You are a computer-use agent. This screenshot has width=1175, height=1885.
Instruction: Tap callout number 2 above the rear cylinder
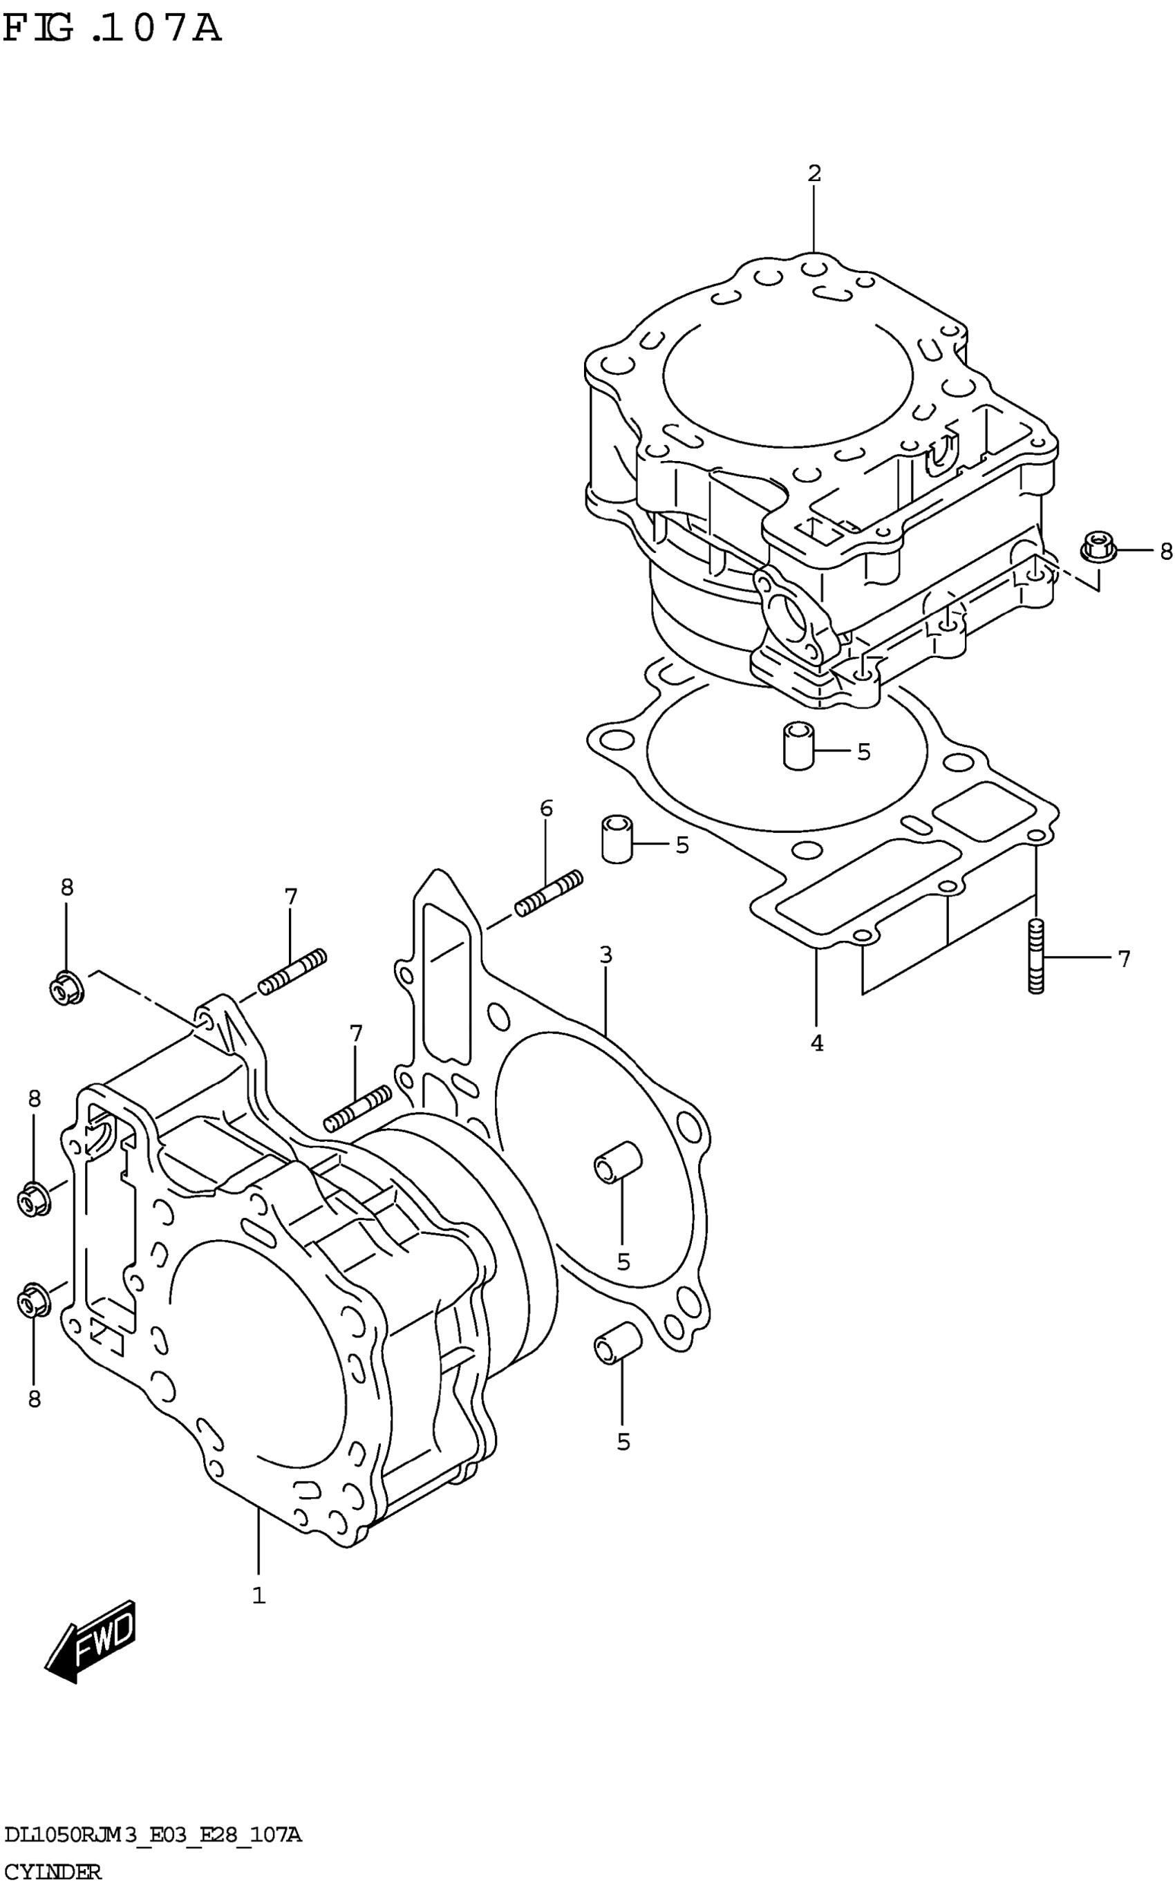[x=814, y=174]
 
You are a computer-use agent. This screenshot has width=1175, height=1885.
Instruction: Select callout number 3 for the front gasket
[x=605, y=954]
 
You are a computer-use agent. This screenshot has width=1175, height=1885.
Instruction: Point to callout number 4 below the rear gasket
[x=816, y=1044]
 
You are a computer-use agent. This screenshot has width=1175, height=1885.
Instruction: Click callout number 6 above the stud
[x=546, y=809]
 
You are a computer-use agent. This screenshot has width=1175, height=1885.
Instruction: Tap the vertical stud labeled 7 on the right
[x=1035, y=956]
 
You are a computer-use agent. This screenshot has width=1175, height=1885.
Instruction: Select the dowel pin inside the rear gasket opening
[x=798, y=746]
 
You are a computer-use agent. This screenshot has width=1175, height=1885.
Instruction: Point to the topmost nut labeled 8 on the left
[x=65, y=988]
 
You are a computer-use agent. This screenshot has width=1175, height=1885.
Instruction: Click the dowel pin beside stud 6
[x=617, y=839]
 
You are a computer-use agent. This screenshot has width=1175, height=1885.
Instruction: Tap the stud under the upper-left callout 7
[x=292, y=971]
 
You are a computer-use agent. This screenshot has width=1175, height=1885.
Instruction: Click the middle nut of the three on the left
[x=33, y=1199]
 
